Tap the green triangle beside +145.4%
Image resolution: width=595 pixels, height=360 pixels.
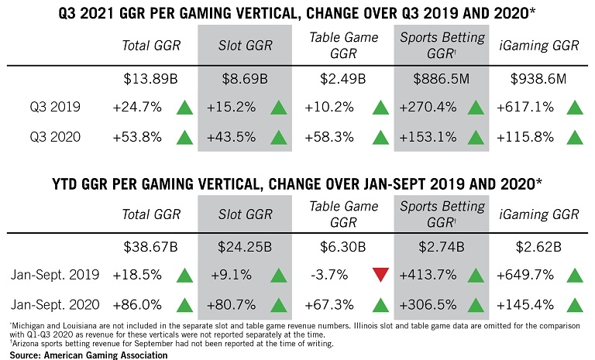click(574, 303)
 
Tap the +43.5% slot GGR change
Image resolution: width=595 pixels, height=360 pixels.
click(230, 136)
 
